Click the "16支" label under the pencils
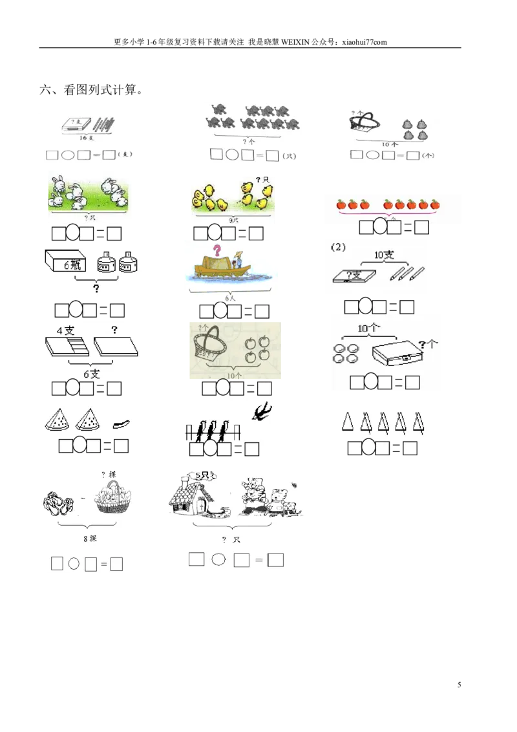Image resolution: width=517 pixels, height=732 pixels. pyautogui.click(x=86, y=138)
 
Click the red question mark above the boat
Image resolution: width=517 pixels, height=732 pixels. pyautogui.click(x=217, y=250)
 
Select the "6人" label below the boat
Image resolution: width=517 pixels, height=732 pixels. pyautogui.click(x=230, y=299)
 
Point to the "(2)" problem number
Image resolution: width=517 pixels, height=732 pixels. pyautogui.click(x=337, y=247)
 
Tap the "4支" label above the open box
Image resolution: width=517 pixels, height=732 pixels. pyautogui.click(x=65, y=330)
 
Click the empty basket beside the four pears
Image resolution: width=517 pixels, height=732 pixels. pyautogui.click(x=364, y=124)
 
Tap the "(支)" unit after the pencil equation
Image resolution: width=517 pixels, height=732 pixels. pyautogui.click(x=125, y=155)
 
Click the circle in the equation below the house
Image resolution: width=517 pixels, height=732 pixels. pyautogui.click(x=219, y=560)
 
